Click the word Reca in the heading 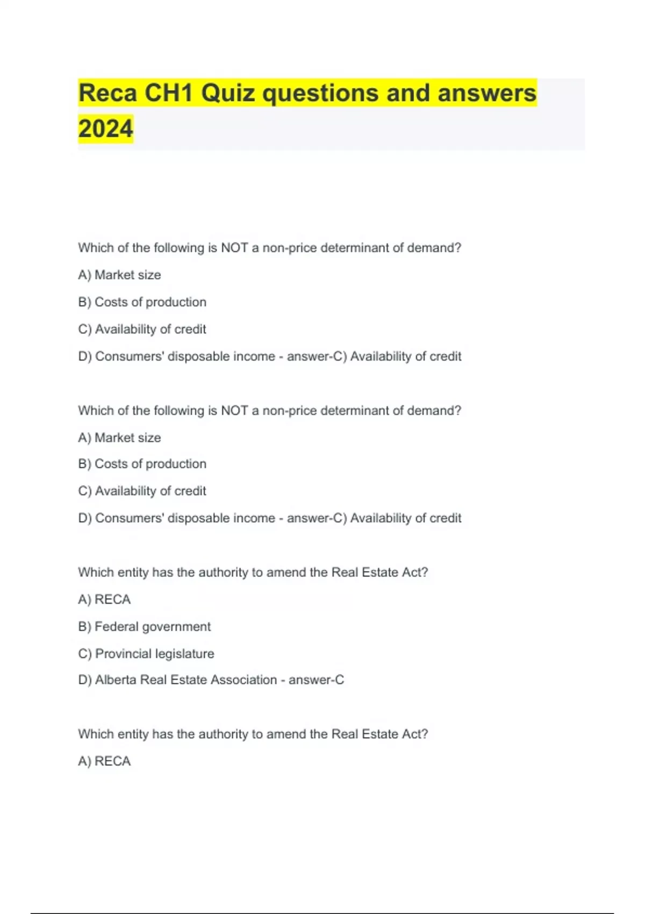pos(107,94)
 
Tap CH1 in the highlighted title pos(169,94)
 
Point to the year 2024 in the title pos(105,129)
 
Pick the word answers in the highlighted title pos(487,94)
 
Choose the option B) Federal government pos(144,626)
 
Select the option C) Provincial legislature pos(146,653)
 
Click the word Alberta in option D pos(116,680)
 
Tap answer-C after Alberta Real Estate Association pos(316,680)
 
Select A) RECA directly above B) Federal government pos(104,599)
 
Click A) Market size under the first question pos(119,275)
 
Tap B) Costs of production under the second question pos(142,463)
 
